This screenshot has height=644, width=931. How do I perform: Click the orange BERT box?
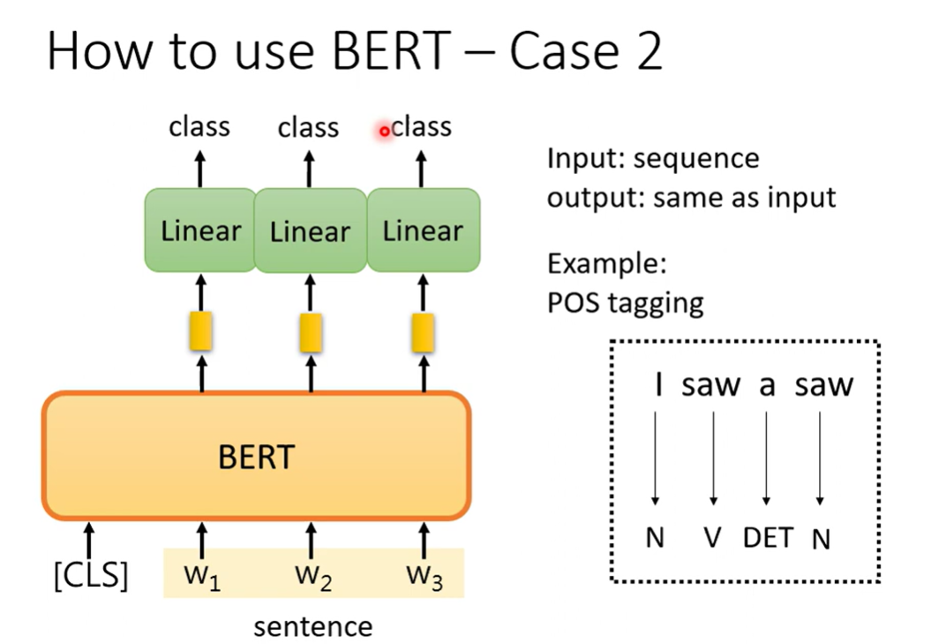[x=256, y=456]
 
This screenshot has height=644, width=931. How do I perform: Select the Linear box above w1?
[x=200, y=231]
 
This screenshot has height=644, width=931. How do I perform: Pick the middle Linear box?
[x=310, y=231]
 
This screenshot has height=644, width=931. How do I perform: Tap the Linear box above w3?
[x=423, y=231]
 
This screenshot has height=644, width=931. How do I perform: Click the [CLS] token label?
[x=91, y=576]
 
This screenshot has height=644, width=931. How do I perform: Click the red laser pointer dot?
[x=385, y=132]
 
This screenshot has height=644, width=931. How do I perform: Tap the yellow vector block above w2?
[x=311, y=333]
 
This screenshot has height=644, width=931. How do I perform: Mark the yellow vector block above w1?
[x=201, y=332]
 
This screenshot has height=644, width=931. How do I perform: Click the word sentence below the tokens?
[x=312, y=626]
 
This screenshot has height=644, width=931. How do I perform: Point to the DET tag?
[x=768, y=537]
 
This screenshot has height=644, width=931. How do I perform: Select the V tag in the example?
[x=712, y=537]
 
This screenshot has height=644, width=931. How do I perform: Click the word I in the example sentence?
[x=657, y=384]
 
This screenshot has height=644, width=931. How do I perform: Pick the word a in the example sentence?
[x=767, y=385]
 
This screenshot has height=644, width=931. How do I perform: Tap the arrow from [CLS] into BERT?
[x=89, y=538]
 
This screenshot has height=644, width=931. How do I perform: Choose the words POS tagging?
[x=626, y=302]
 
